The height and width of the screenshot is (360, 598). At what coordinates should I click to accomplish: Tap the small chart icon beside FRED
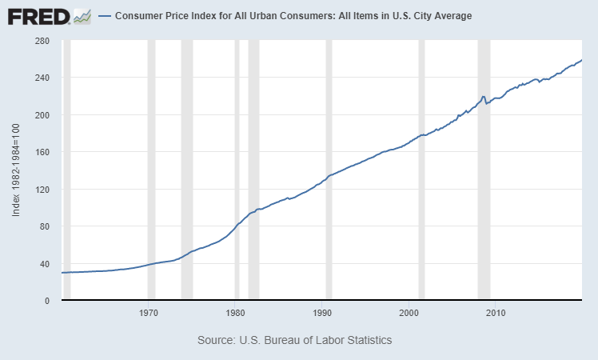(82, 16)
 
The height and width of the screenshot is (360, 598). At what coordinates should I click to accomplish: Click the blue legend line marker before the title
(104, 16)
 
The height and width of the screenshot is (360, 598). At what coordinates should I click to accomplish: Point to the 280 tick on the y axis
(43, 41)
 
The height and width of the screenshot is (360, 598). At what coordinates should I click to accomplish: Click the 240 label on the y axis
(43, 78)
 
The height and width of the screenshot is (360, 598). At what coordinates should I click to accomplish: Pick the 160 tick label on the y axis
(43, 152)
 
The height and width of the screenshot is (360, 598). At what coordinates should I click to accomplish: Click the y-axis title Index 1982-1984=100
(16, 170)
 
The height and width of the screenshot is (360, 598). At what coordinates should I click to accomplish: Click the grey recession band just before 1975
(187, 160)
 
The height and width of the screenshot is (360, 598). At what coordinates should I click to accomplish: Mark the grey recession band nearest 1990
(329, 160)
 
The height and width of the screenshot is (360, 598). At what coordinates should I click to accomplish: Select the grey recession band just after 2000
(421, 160)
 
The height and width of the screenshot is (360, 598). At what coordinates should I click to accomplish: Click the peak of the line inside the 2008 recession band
(484, 96)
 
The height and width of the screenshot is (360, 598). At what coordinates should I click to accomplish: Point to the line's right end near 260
(581, 60)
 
